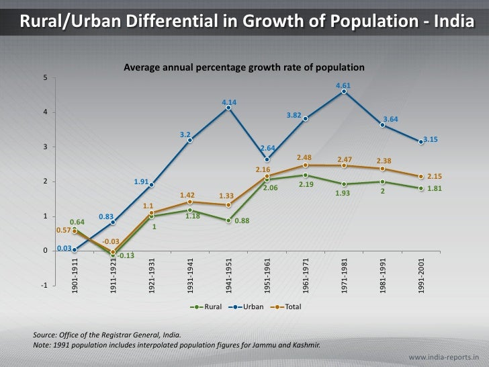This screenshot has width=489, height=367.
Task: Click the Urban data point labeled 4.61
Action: [344, 91]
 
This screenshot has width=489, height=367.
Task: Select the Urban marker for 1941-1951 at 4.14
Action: [229, 108]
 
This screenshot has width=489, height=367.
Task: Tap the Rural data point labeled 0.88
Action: [229, 220]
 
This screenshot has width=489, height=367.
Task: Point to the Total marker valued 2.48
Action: [306, 165]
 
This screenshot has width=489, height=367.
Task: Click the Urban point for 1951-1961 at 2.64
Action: [267, 159]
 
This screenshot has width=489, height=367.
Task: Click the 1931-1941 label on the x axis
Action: [191, 275]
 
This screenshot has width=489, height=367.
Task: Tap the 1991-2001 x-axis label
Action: [421, 275]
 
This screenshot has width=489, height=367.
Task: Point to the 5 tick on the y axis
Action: [45, 77]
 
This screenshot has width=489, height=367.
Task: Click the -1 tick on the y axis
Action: [44, 286]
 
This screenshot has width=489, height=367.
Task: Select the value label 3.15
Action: [431, 139]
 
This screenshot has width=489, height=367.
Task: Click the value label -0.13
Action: [126, 255]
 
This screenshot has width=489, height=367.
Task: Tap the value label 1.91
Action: [140, 181]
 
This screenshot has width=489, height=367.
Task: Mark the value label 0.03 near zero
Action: [64, 247]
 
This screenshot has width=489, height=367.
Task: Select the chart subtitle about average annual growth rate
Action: [244, 68]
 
